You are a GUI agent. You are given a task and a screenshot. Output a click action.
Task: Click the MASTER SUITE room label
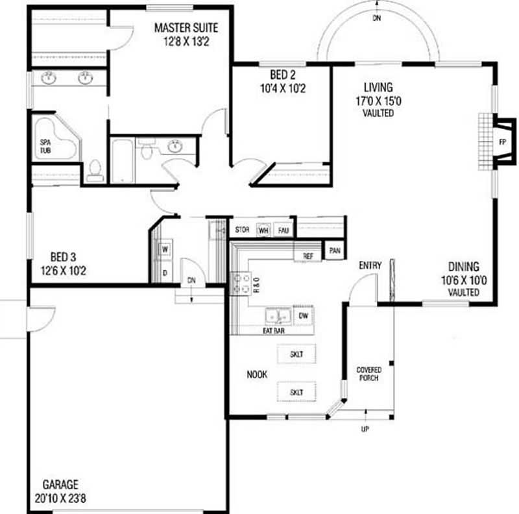pyautogui.click(x=186, y=27)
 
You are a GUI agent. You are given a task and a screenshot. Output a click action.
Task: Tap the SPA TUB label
pyautogui.click(x=45, y=146)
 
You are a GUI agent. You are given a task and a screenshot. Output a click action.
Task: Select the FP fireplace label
pyautogui.click(x=502, y=142)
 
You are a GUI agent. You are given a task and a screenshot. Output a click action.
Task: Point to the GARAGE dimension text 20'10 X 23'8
pyautogui.click(x=60, y=498)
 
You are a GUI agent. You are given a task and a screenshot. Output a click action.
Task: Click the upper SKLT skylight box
pyautogui.click(x=296, y=354)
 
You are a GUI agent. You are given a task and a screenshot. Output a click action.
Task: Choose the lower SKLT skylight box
pyautogui.click(x=296, y=392)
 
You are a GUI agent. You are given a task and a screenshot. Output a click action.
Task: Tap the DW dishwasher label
pyautogui.click(x=304, y=315)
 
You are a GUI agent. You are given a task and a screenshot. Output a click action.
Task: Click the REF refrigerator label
pyautogui.click(x=308, y=256)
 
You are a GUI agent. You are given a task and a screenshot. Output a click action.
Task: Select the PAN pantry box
pyautogui.click(x=335, y=251)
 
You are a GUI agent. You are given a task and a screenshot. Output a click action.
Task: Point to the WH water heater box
pyautogui.click(x=263, y=230)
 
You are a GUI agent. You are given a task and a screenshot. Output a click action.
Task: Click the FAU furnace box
pyautogui.click(x=284, y=230)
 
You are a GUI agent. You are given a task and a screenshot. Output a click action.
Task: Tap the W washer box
pyautogui.click(x=165, y=249)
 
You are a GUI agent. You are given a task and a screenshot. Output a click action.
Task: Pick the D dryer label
pyautogui.click(x=165, y=273)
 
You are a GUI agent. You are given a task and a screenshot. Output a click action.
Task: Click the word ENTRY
pyautogui.click(x=370, y=265)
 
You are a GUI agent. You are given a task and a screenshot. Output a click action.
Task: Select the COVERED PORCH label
pyautogui.click(x=368, y=374)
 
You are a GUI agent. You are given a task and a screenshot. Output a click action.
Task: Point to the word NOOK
pyautogui.click(x=257, y=374)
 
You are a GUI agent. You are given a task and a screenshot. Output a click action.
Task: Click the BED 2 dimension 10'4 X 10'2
pyautogui.click(x=283, y=88)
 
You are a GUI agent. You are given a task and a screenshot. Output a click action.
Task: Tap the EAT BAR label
pyautogui.click(x=273, y=330)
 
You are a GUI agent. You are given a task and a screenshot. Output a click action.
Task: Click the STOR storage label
pyautogui.click(x=242, y=230)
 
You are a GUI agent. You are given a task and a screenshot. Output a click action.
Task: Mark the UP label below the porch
pyautogui.click(x=365, y=429)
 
